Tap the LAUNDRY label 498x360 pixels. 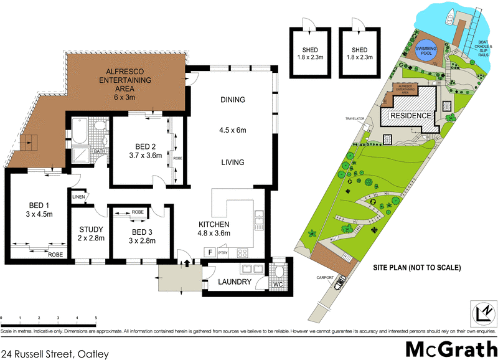[235, 282]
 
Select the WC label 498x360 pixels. [278, 285]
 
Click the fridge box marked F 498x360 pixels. [210, 253]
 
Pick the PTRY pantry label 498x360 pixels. [223, 253]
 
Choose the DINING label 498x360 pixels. [233, 100]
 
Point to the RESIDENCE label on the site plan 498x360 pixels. [410, 116]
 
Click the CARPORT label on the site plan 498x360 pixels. [324, 277]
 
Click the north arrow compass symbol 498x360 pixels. [481, 311]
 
